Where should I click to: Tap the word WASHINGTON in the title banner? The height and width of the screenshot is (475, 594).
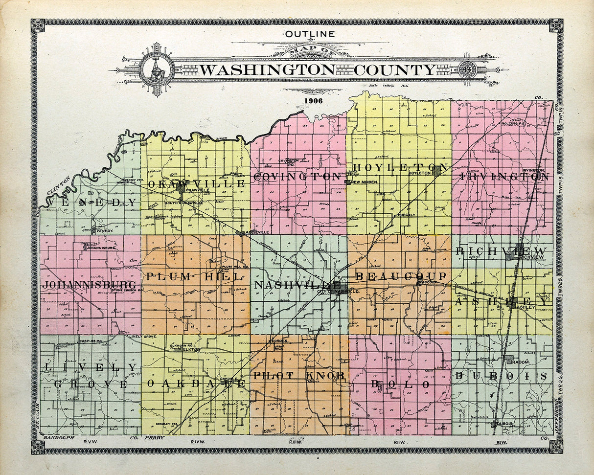[x=267, y=70]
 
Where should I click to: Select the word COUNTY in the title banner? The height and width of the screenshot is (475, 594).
[x=395, y=70]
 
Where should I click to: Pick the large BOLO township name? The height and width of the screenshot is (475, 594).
[x=400, y=385]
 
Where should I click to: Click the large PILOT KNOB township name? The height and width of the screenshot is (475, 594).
[x=298, y=375]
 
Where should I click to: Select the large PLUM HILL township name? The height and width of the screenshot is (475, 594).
[x=194, y=277]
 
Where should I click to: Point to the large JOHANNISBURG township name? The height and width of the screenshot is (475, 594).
[x=89, y=285]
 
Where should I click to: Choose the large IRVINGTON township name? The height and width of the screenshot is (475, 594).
[x=504, y=177]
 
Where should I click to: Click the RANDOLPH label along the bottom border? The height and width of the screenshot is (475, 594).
[x=59, y=437]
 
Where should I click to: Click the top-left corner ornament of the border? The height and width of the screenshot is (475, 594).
[x=38, y=25]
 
